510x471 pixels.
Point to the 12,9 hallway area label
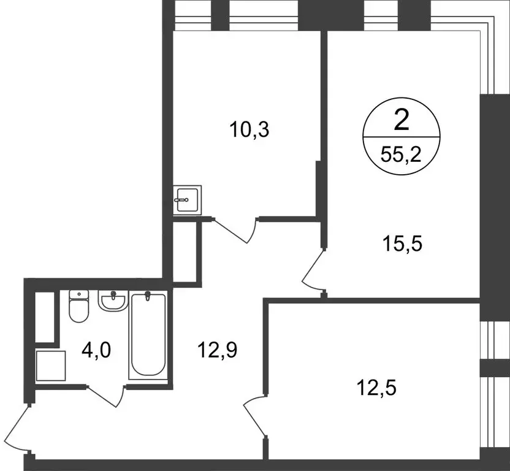click(217, 350)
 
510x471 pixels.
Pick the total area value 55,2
click(401, 153)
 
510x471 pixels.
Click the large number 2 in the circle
click(401, 121)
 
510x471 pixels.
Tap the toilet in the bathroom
click(78, 306)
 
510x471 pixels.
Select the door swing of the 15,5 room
click(314, 270)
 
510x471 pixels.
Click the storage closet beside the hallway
click(186, 251)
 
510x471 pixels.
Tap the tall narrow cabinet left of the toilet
click(45, 316)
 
